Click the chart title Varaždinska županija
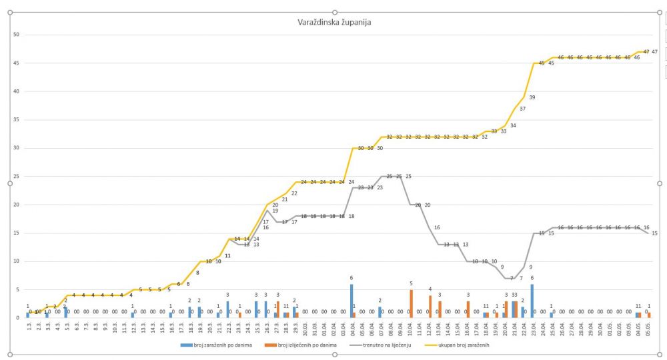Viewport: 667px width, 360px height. (x=334, y=22)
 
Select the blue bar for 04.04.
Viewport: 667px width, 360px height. (x=351, y=301)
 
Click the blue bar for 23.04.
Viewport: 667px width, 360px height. (x=532, y=301)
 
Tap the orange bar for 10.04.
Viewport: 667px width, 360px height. (x=411, y=304)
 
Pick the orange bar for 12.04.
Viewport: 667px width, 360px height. (x=430, y=307)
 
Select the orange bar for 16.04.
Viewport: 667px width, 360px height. (x=468, y=309)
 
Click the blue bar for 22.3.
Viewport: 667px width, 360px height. (x=227, y=309)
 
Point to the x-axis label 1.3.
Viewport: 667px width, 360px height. (x=29, y=327)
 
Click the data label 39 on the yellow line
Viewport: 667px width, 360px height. (x=532, y=97)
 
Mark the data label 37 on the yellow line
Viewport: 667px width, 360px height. (x=522, y=109)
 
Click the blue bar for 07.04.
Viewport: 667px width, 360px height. (x=380, y=312)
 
